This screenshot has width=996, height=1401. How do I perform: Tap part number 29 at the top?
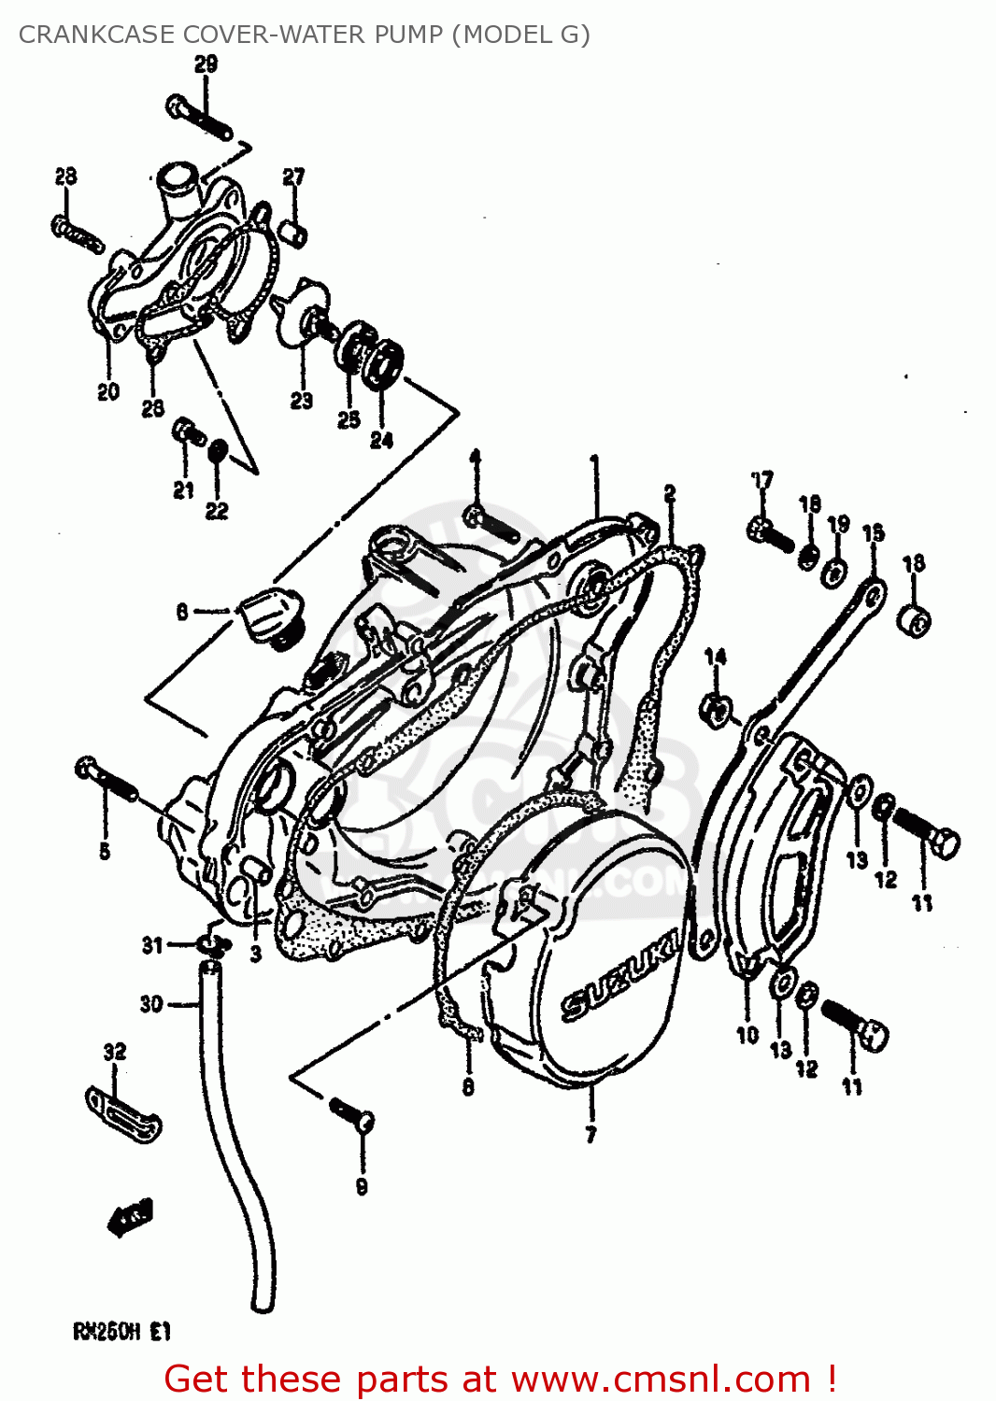tap(206, 64)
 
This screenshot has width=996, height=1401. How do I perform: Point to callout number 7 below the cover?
tap(590, 1135)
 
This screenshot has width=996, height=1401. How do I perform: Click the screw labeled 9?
tap(353, 1113)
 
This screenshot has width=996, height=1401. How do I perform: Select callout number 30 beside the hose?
tap(151, 1004)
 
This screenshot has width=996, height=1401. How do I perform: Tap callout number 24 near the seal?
tap(381, 440)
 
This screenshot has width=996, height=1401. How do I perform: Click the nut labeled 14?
tap(716, 710)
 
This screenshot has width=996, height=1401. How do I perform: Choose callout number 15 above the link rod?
tap(873, 533)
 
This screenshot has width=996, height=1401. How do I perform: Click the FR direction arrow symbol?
tap(129, 1217)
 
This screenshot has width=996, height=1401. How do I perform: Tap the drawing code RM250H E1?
tap(121, 1332)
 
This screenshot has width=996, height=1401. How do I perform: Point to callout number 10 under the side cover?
tap(747, 1035)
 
